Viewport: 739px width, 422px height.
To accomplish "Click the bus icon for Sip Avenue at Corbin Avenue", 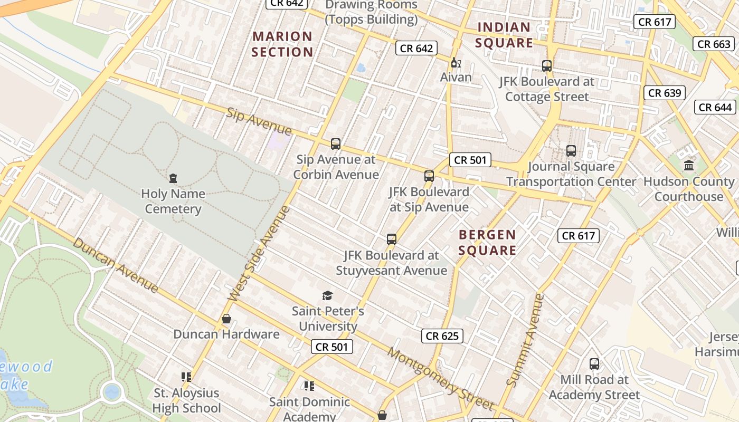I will tap(335, 143).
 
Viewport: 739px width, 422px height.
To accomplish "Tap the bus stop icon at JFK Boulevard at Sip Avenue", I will tap(429, 176).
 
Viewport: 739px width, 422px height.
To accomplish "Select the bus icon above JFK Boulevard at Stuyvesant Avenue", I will tap(391, 239).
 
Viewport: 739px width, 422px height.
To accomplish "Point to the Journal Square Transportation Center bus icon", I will tap(571, 151).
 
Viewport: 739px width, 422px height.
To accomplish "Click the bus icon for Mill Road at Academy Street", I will tap(594, 364).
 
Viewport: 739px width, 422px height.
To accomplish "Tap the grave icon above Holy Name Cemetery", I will tap(173, 178).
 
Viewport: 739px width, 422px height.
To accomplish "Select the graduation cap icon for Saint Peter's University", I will tap(328, 295).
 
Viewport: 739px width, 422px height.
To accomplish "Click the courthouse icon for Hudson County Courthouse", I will tap(689, 166).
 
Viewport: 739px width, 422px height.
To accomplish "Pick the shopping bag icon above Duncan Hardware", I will tap(226, 319).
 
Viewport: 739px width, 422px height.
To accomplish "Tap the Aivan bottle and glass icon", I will tap(456, 62).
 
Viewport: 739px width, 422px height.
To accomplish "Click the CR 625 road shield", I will tap(442, 336).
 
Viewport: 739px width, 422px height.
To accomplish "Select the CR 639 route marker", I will tap(665, 93).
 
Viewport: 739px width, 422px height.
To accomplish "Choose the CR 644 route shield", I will tap(715, 108).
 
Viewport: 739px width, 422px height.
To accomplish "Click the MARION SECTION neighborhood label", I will tap(282, 44).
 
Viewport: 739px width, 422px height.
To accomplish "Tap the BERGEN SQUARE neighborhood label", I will tap(487, 243).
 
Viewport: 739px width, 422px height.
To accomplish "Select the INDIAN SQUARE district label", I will tap(504, 35).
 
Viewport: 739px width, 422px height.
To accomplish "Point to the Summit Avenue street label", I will tap(525, 340).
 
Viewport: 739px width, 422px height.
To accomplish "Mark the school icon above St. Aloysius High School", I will tap(186, 377).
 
